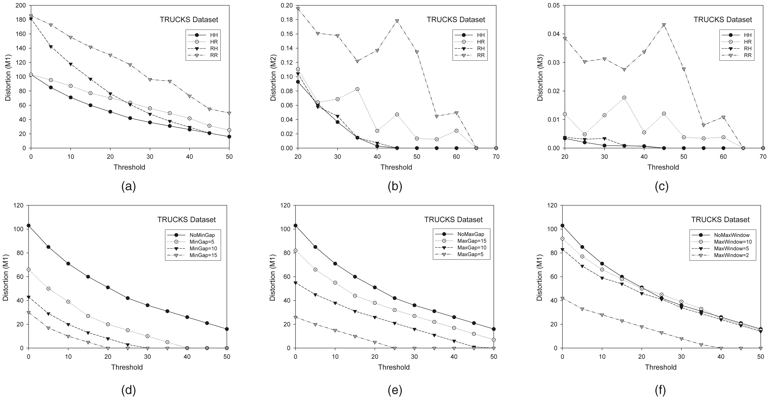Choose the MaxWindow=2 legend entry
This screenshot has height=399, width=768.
(727, 255)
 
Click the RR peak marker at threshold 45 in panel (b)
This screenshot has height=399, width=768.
(397, 21)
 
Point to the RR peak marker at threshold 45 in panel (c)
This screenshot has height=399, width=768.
(664, 25)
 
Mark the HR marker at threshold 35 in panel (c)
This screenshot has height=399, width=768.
(624, 98)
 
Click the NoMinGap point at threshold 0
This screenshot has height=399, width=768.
(29, 225)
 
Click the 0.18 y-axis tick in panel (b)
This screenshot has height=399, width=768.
(286, 20)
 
